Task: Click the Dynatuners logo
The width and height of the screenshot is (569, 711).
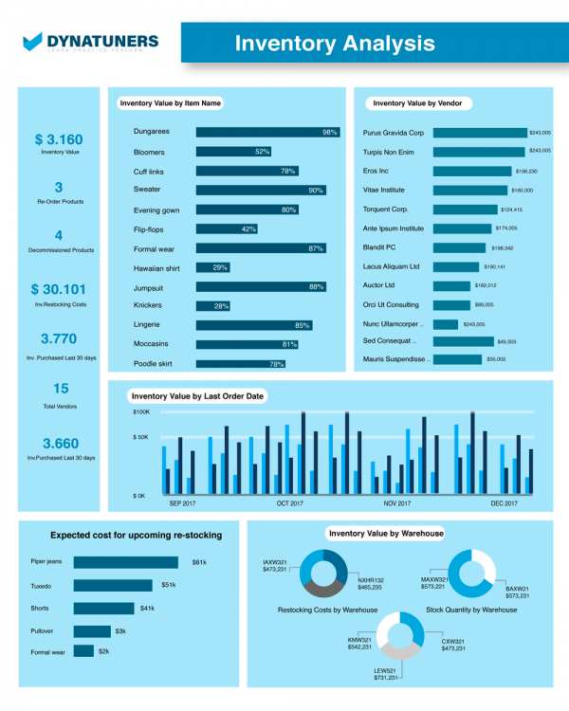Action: tap(90, 42)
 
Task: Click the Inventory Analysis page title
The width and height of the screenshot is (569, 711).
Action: tap(335, 44)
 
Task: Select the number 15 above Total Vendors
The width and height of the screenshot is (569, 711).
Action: tap(61, 388)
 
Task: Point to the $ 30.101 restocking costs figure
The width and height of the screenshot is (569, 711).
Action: tap(58, 289)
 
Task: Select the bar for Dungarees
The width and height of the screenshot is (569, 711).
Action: tap(268, 133)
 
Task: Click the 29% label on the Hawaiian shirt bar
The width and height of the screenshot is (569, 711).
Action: tap(220, 267)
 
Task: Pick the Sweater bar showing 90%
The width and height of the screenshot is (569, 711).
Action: tap(261, 191)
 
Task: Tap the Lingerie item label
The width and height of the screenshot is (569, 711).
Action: tap(148, 324)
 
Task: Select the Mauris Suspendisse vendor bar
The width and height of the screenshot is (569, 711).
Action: tap(457, 360)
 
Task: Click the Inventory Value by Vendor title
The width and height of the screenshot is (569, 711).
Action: tap(423, 103)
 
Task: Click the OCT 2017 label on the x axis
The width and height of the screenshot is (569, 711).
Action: tap(289, 503)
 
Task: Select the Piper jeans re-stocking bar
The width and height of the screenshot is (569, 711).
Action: tap(130, 562)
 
